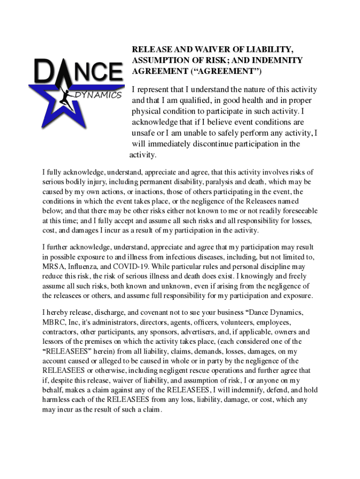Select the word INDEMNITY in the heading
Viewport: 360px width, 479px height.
[x=277, y=60]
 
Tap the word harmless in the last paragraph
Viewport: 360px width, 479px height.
[x=57, y=400]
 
